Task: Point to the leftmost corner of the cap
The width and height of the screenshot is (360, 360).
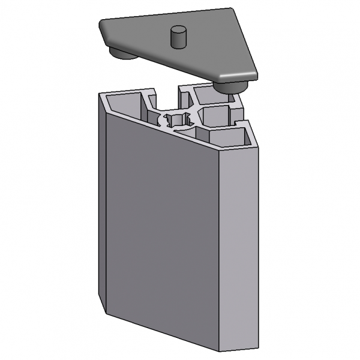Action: click(101, 23)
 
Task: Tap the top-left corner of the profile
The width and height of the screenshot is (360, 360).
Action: click(99, 93)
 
